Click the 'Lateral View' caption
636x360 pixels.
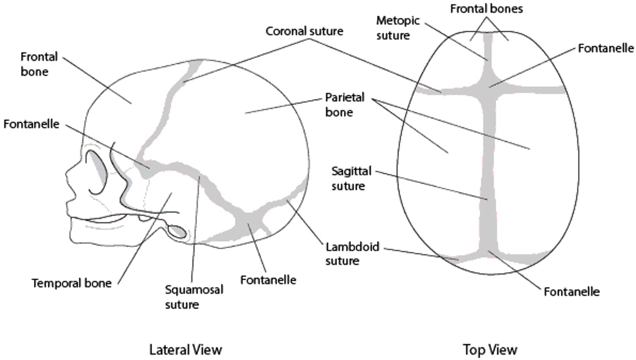tap(185, 349)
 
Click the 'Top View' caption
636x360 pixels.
tap(490, 349)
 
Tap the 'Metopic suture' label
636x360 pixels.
tap(398, 28)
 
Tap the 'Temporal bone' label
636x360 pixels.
tap(72, 283)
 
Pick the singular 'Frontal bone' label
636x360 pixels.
tap(39, 63)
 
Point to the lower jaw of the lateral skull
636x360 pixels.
tap(106, 233)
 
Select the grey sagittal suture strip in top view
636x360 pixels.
tap(489, 175)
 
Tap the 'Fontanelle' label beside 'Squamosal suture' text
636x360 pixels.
tap(267, 279)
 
